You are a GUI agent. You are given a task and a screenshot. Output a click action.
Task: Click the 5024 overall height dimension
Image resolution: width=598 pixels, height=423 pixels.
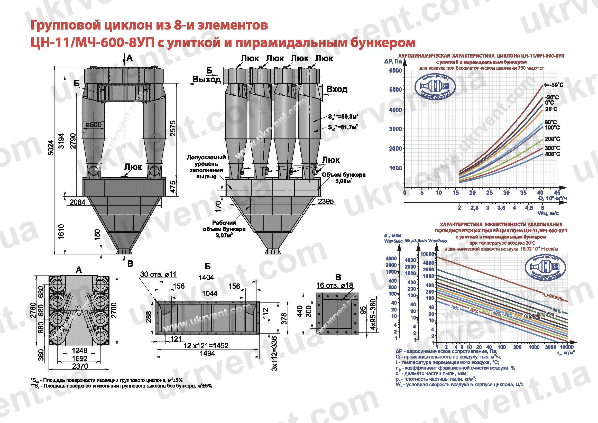(51, 148)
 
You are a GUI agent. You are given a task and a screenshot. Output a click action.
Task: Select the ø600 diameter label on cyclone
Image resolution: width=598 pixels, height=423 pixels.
(94, 125)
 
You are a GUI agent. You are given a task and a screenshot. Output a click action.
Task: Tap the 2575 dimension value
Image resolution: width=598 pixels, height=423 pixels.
(172, 128)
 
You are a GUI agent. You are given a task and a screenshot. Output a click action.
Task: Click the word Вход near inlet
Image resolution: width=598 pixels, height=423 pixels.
(337, 89)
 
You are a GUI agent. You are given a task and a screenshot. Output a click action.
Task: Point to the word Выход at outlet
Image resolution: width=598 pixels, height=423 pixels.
(207, 79)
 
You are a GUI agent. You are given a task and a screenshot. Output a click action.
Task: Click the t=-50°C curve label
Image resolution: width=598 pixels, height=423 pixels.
(554, 85)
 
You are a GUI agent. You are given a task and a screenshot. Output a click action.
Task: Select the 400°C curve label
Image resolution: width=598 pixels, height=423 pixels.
(552, 154)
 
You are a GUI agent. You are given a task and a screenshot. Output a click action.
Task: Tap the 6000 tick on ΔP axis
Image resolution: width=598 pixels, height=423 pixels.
(395, 71)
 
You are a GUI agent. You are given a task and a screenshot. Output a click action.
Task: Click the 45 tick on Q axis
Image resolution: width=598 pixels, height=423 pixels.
(557, 193)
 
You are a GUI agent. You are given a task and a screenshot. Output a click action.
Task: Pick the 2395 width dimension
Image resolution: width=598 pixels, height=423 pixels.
(326, 201)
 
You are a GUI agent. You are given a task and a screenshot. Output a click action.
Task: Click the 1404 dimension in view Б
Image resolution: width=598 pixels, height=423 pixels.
(206, 278)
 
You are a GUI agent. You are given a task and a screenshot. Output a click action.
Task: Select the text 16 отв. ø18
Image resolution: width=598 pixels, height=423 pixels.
(334, 286)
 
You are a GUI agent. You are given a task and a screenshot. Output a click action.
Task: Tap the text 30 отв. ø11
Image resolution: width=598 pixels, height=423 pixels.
(158, 274)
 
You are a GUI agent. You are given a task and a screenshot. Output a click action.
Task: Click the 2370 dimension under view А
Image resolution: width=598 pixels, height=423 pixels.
(80, 366)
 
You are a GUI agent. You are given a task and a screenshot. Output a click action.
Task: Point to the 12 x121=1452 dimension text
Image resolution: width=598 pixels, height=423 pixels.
(206, 346)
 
